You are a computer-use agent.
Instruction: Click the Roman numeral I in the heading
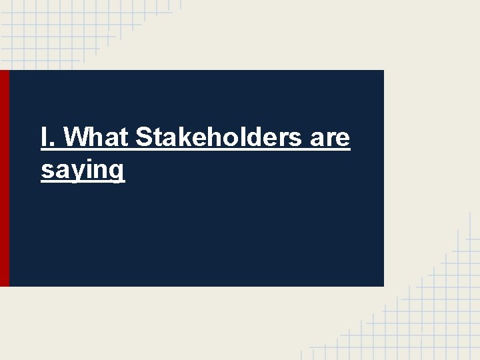pyautogui.click(x=43, y=138)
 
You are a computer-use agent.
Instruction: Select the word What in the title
pyautogui.click(x=97, y=138)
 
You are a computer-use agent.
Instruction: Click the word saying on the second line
pyautogui.click(x=83, y=171)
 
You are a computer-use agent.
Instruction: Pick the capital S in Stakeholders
pyautogui.click(x=143, y=138)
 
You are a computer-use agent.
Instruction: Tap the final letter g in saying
pyautogui.click(x=117, y=172)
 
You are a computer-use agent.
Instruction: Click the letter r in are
pyautogui.click(x=330, y=140)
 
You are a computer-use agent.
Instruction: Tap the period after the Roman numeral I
pyautogui.click(x=52, y=145)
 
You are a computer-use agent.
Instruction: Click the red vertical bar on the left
pyautogui.click(x=5, y=178)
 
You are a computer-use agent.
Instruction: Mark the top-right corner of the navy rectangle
pyautogui.click(x=383, y=71)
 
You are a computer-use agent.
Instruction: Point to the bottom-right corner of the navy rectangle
pyautogui.click(x=383, y=286)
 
